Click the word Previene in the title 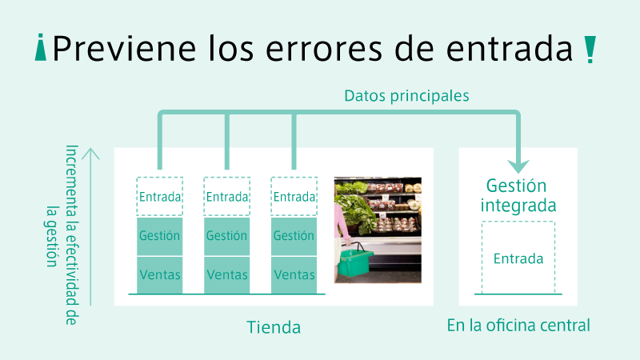124,49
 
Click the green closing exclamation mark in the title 590,50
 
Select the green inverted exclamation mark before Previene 41,47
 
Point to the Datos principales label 406,96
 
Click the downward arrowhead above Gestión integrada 518,166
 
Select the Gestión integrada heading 518,195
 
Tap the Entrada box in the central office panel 518,258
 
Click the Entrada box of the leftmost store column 159,196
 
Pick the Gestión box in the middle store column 227,236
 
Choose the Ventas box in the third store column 294,275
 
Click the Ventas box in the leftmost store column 159,275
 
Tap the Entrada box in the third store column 294,196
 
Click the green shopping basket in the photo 353,262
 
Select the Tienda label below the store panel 274,327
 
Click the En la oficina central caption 518,326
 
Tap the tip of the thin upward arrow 90,148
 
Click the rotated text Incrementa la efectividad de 71,234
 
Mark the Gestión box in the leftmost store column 159,236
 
